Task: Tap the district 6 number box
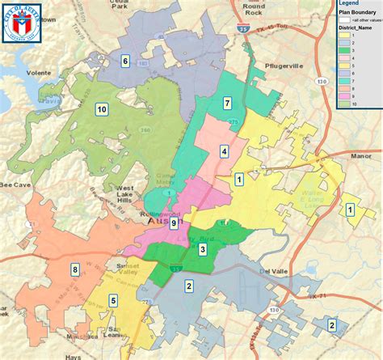[125, 61]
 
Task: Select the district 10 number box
[101, 109]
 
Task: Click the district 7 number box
[227, 104]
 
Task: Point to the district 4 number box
[223, 151]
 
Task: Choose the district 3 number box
[202, 250]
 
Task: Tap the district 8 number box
[75, 269]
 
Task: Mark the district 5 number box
[113, 301]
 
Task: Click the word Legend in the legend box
[350, 4]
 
